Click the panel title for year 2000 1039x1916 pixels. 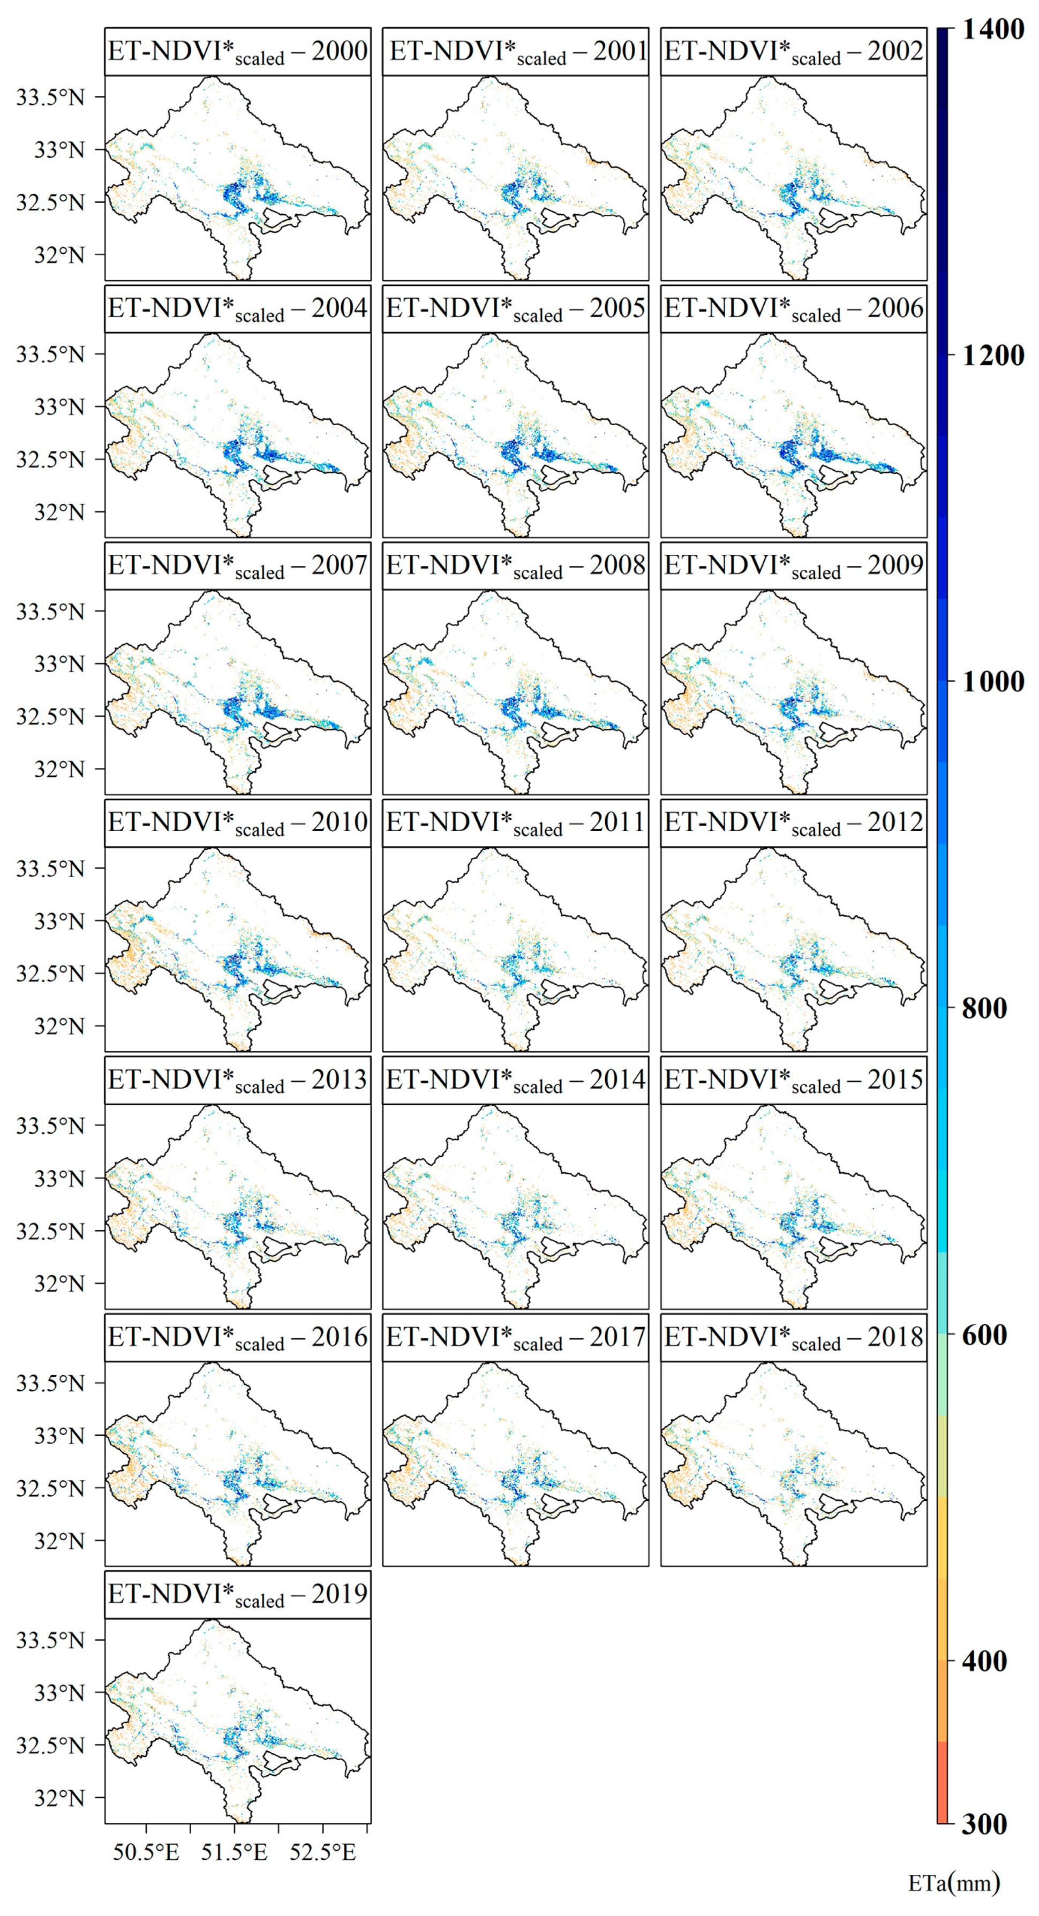point(237,51)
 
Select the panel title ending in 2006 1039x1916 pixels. point(794,308)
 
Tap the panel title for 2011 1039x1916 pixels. point(515,823)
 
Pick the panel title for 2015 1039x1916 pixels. point(794,1080)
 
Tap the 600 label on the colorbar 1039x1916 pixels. point(984,1335)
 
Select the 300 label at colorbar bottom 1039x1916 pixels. point(984,1824)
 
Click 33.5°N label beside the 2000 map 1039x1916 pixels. point(50,97)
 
